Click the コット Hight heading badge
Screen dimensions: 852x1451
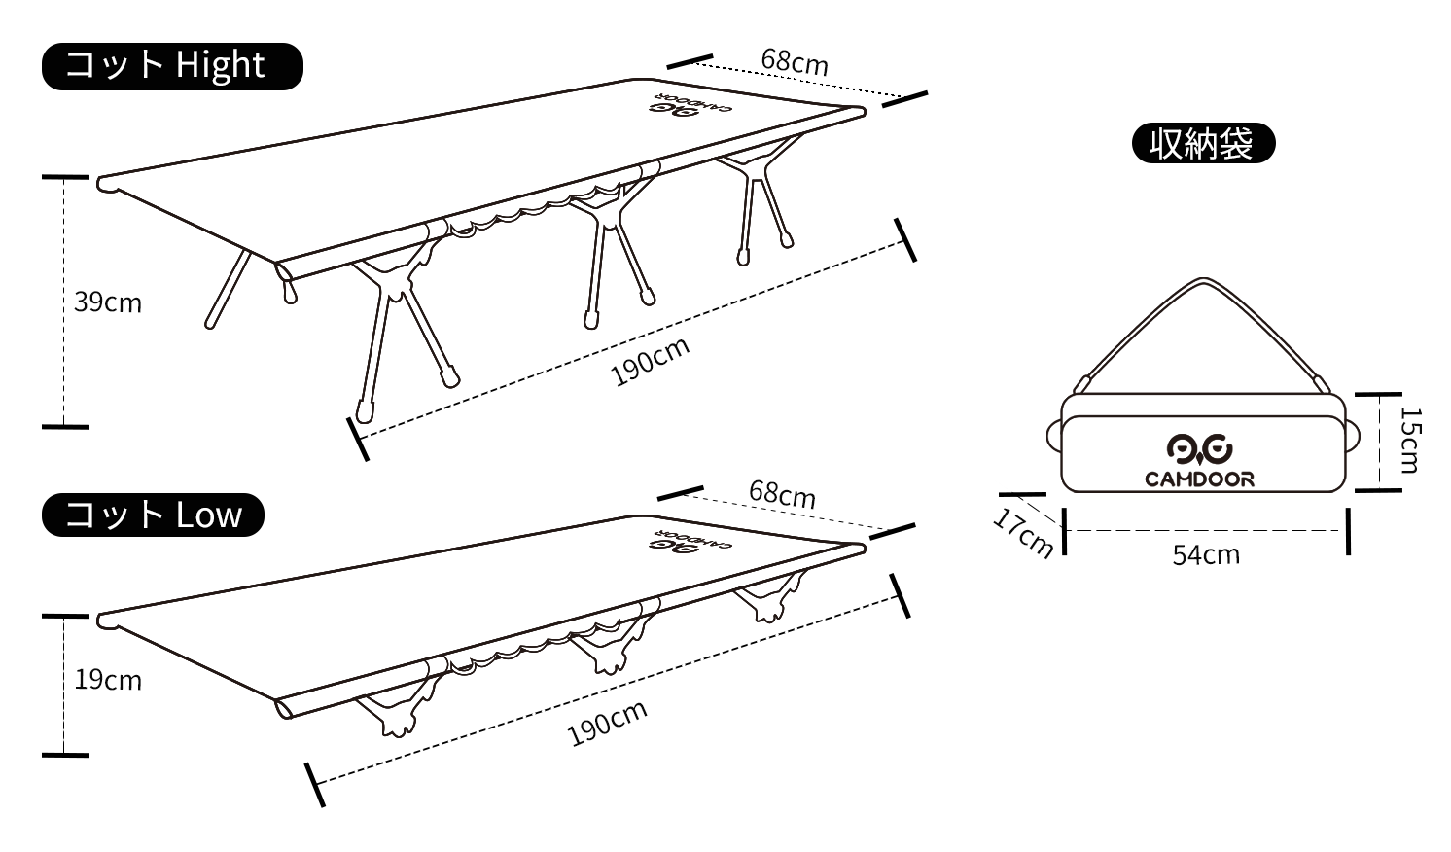point(172,66)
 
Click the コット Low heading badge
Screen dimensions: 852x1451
point(153,515)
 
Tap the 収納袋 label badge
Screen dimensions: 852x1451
point(1203,144)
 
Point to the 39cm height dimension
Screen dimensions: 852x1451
point(108,302)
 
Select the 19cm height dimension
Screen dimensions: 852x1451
point(108,680)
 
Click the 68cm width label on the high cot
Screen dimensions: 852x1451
point(795,61)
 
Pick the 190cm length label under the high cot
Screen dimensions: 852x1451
point(651,362)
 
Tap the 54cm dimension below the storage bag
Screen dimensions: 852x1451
point(1206,554)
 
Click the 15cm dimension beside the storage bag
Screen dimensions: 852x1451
point(1409,441)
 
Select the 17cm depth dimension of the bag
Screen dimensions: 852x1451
point(1024,532)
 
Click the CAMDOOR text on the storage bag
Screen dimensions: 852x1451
point(1199,479)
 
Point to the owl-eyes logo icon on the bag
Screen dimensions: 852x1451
point(1199,448)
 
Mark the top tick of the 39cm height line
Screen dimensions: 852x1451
point(65,177)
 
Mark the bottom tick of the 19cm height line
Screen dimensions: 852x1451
point(65,755)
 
